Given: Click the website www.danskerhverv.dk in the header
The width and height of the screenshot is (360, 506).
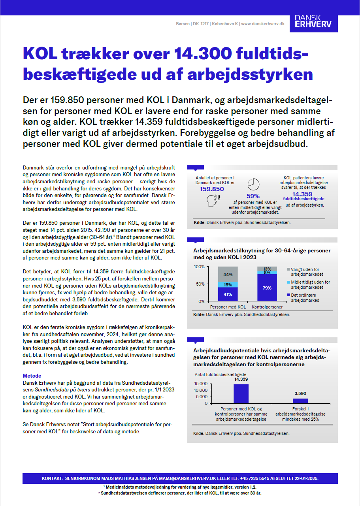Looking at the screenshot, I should [263, 24].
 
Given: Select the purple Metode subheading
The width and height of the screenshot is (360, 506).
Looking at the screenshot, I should [32, 375].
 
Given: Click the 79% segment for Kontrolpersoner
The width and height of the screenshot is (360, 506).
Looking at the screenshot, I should [267, 288].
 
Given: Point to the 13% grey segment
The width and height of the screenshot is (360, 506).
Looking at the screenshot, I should [267, 269].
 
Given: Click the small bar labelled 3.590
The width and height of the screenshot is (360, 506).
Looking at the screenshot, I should [300, 401].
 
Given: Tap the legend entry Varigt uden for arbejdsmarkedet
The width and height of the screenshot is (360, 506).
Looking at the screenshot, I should [305, 272].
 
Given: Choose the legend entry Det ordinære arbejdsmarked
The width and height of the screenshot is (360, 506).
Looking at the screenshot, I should [305, 297].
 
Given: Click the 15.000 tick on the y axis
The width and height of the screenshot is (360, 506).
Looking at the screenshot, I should [201, 384].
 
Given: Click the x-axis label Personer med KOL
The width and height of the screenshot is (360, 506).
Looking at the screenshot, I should [228, 307].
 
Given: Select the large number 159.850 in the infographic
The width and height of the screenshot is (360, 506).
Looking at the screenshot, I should [212, 189].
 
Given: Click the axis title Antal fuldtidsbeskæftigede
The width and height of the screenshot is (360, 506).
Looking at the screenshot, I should [221, 374].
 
